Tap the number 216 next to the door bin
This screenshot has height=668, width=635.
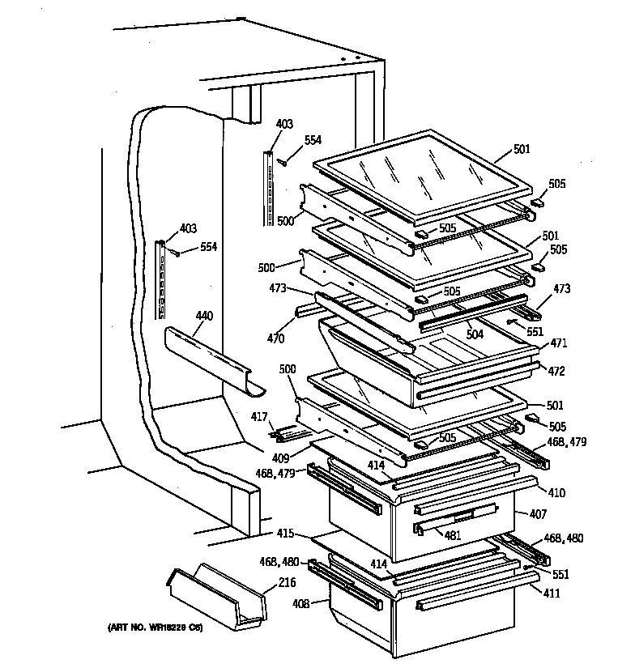click(x=287, y=582)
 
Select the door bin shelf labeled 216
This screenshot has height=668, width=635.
click(x=216, y=599)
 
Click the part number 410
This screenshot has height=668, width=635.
click(x=556, y=492)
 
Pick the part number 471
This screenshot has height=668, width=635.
click(x=558, y=343)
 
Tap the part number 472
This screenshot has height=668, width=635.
click(x=556, y=371)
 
